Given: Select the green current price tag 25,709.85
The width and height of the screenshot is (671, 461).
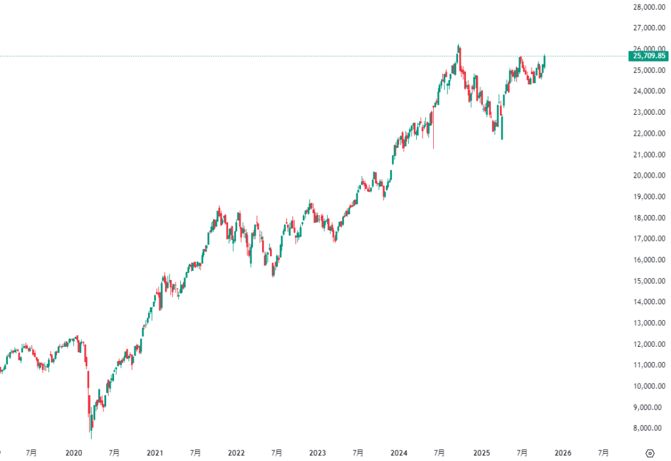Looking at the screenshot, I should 648,56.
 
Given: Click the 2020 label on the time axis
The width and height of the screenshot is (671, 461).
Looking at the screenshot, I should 74,452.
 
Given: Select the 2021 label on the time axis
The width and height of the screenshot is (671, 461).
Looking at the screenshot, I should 155,452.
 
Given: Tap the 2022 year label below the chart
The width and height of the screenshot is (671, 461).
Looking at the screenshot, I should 236,452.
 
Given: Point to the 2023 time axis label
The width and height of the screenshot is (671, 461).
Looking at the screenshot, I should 317,452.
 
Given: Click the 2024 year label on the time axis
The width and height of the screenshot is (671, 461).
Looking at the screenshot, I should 398,452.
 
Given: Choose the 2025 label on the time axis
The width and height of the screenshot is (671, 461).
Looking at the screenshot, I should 481,452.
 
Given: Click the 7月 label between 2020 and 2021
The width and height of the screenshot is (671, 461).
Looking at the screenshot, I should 114,452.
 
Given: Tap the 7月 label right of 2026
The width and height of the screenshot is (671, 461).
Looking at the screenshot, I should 604,452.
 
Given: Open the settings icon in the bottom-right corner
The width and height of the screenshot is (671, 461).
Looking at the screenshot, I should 649,452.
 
